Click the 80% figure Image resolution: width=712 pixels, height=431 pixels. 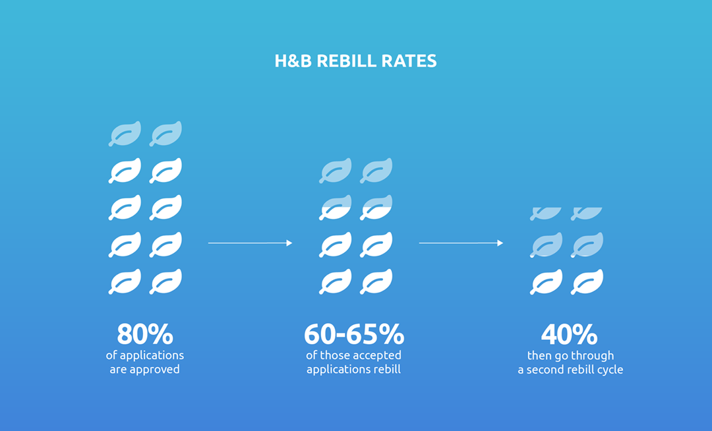coord(145,334)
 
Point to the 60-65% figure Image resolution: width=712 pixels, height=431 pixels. coord(354,334)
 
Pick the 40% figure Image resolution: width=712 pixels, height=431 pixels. coord(570,334)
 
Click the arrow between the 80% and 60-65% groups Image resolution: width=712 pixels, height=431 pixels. coord(251,243)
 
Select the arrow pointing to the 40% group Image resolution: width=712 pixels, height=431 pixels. coord(461,243)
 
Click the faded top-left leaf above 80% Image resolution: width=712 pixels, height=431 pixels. coord(125,134)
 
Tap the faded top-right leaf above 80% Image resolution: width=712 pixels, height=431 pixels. coord(165,134)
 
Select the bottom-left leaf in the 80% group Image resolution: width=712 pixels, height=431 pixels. coord(125,281)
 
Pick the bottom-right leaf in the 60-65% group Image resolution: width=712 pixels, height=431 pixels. coord(376,281)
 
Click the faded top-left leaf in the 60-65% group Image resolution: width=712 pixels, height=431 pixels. coord(336,171)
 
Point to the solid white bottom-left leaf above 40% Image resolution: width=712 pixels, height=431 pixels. coord(547,282)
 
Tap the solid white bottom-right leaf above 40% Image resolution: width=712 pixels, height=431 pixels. coord(587,282)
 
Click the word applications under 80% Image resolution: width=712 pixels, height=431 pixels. coord(152,356)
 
